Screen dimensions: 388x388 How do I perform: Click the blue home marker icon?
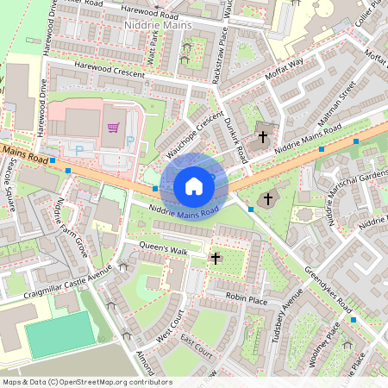click(194, 185)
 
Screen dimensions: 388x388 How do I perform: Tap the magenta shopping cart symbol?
click(112, 128)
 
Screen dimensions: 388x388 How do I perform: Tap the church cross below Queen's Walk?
click(216, 257)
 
